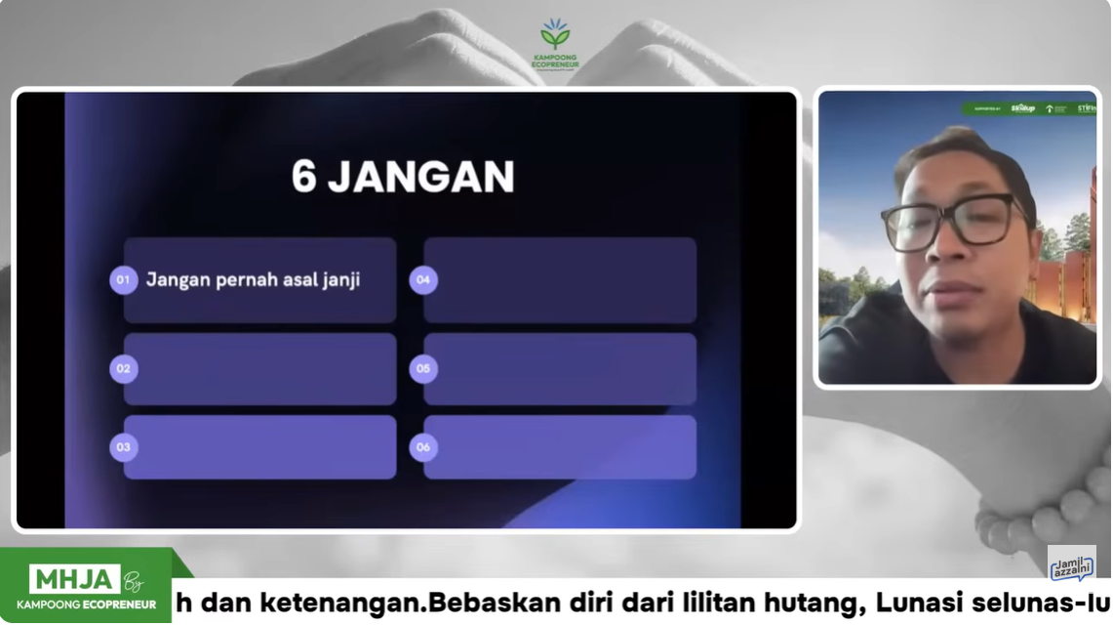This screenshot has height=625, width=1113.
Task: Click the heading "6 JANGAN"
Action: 402,178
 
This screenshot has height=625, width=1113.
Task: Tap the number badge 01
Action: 123,280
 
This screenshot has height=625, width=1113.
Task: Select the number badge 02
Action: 123,369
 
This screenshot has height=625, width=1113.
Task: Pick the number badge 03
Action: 123,447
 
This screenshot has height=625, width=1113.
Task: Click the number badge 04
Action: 423,280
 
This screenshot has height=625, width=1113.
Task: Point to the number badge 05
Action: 423,369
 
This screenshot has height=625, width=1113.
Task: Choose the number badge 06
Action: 423,447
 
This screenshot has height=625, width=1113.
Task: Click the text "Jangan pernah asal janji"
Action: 254,280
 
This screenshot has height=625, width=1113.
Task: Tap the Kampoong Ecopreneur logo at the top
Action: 555,44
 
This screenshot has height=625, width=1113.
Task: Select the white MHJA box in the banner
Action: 74,579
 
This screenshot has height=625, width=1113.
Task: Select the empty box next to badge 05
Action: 560,369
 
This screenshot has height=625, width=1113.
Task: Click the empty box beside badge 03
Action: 259,447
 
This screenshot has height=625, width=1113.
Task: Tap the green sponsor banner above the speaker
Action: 1029,108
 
